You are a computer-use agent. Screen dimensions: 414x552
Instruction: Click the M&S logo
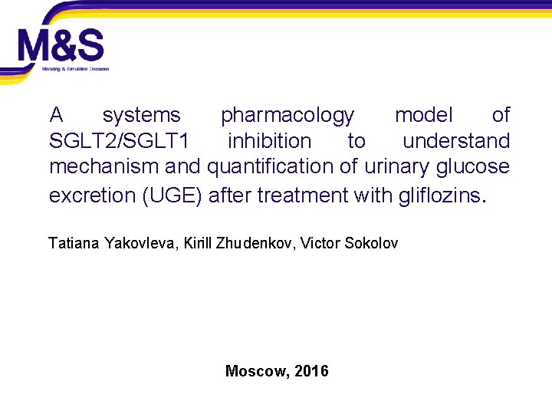[61, 48]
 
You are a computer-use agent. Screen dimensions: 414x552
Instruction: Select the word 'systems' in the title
[141, 116]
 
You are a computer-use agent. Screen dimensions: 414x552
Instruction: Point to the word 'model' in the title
[423, 116]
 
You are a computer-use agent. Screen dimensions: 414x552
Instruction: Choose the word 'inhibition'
[269, 141]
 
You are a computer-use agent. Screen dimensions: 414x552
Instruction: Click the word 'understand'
[456, 141]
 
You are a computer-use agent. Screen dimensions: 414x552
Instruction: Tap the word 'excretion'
[93, 195]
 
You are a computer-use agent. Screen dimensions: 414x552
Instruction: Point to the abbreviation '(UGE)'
[172, 195]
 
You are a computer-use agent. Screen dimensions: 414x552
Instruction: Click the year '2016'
[311, 372]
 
